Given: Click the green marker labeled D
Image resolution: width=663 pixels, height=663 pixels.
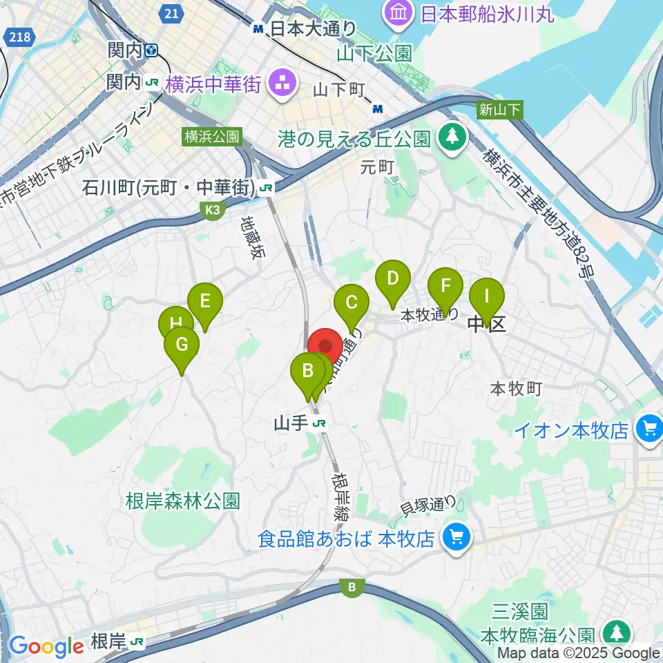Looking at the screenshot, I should pyautogui.click(x=392, y=279).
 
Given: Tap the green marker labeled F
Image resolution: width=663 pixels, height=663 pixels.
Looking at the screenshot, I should pyautogui.click(x=445, y=286).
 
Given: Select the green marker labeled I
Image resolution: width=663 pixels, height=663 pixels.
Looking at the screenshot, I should pyautogui.click(x=486, y=296).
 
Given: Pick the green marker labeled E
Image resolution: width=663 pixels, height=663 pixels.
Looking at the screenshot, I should pyautogui.click(x=204, y=301).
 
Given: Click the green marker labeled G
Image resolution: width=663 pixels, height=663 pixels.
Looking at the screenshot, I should pyautogui.click(x=182, y=344).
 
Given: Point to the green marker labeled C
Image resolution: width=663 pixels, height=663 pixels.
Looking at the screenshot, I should pyautogui.click(x=351, y=302).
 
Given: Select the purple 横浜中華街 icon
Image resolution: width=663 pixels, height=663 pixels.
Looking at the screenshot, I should pyautogui.click(x=282, y=85).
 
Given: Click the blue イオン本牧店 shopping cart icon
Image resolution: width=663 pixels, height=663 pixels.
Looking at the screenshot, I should pyautogui.click(x=650, y=430).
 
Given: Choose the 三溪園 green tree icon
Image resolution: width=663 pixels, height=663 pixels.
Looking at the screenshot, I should pyautogui.click(x=614, y=633).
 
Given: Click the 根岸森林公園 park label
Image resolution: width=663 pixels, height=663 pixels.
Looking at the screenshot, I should pyautogui.click(x=183, y=501).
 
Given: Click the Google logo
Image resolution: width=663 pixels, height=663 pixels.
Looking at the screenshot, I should pyautogui.click(x=46, y=646).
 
